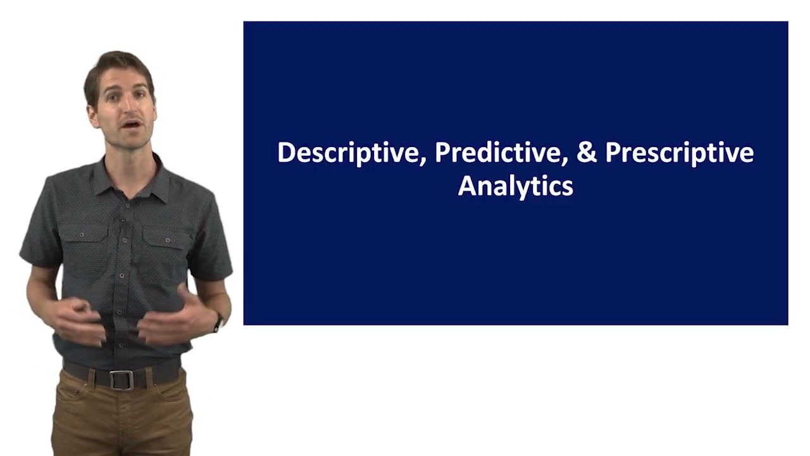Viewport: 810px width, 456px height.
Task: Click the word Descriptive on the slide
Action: click(347, 154)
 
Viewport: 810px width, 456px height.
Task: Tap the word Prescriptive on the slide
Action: click(679, 154)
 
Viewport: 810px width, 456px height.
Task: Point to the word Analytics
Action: click(515, 186)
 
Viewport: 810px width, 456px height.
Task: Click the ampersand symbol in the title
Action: click(587, 153)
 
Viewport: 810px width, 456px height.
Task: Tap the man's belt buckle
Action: click(121, 379)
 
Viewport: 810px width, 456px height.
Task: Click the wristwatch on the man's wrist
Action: click(218, 323)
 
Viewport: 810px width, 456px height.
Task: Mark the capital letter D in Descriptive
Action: click(286, 153)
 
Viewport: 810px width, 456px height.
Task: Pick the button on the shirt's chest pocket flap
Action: click(167, 241)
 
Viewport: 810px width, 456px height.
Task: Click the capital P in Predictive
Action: click(442, 153)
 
